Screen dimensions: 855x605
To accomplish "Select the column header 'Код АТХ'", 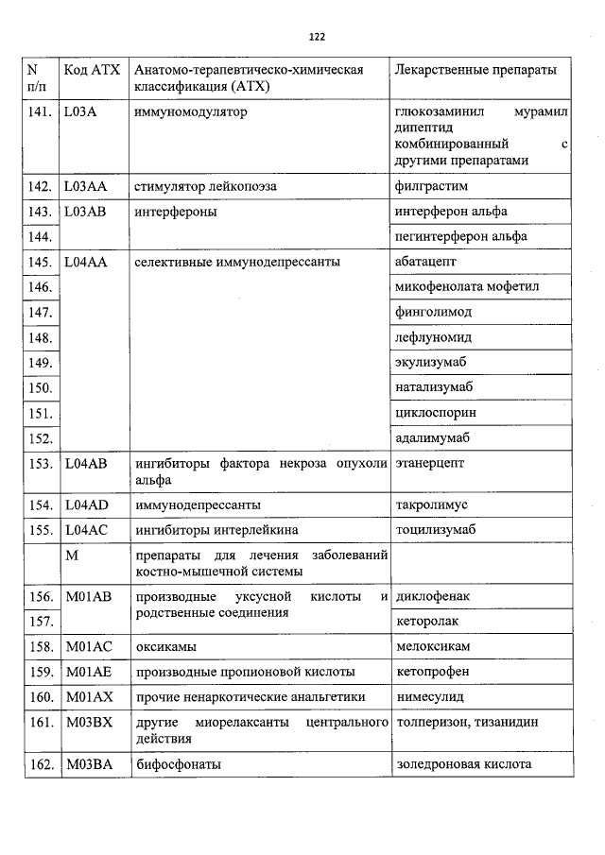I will [x=90, y=72].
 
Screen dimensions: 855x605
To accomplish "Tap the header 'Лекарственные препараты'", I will [x=475, y=72].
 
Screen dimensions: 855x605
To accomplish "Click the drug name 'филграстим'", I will [x=426, y=186].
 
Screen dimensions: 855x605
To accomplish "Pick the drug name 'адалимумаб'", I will [x=432, y=438].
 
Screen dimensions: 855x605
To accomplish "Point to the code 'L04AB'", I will [x=86, y=464].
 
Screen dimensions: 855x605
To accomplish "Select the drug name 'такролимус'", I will [x=431, y=505].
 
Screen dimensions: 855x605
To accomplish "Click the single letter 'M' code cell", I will [x=71, y=556].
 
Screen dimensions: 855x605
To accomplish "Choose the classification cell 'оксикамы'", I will [x=165, y=647].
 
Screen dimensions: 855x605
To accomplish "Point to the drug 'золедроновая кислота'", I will [x=463, y=764].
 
